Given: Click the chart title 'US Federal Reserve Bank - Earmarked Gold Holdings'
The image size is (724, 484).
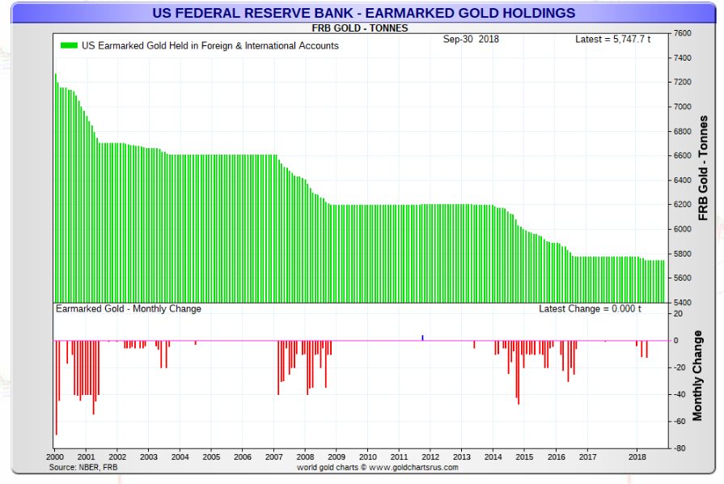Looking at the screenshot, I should click(363, 13).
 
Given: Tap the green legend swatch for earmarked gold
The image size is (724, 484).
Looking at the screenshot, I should click(69, 46).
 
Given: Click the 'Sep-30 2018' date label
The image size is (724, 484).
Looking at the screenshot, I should click(471, 39).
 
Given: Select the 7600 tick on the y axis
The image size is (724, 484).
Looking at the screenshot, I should click(683, 33).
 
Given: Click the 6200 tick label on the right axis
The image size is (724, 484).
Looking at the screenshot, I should click(683, 205).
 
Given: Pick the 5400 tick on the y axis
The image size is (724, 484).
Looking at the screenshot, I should click(683, 303).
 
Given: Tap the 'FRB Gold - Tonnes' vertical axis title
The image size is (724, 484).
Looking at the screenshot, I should click(703, 168).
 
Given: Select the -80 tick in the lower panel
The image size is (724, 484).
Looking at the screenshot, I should click(680, 448).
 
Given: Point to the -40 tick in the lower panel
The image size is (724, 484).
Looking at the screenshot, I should click(680, 394).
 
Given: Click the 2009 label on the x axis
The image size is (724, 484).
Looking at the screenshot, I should click(337, 457).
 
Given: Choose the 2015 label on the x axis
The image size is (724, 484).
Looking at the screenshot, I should click(524, 457).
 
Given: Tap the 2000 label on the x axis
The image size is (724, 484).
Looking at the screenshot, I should click(54, 457).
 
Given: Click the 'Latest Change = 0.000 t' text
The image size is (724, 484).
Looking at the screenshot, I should click(590, 309).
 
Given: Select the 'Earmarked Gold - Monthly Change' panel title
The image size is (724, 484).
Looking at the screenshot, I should click(128, 309).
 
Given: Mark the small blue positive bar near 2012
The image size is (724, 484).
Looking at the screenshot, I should click(422, 338).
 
